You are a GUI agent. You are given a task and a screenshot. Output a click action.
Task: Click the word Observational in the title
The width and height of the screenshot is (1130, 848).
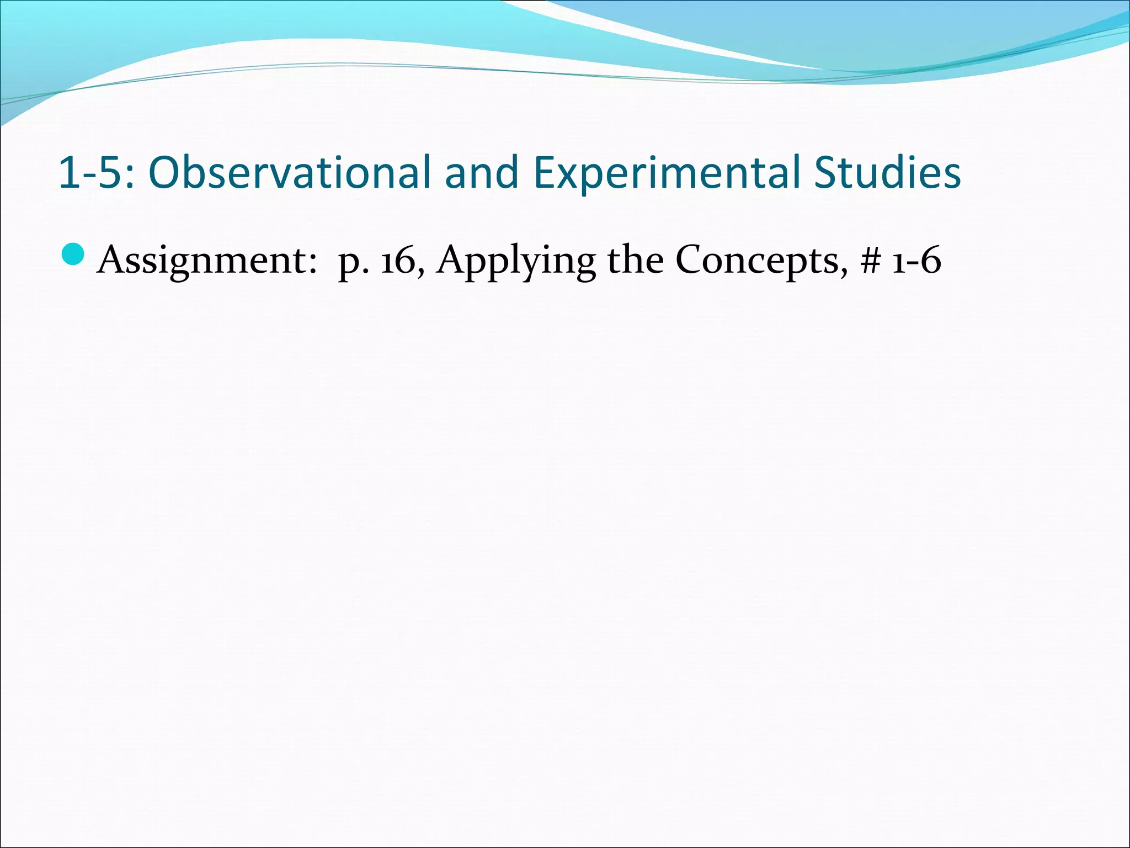[x=289, y=173]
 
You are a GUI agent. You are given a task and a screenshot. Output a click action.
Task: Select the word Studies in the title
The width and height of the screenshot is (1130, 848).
[x=888, y=173]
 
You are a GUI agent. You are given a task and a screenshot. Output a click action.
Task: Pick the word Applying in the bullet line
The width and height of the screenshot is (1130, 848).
[x=516, y=259]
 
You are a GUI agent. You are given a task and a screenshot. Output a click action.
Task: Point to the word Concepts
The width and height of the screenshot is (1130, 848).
[x=761, y=259]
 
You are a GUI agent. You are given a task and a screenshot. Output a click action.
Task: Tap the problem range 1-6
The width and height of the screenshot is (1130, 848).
[x=916, y=259]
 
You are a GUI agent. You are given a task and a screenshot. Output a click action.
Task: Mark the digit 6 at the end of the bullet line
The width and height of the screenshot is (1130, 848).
[x=931, y=259]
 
